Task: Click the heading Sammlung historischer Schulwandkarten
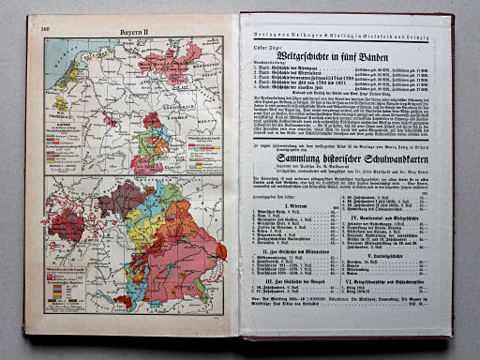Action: pyautogui.click(x=351, y=170)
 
